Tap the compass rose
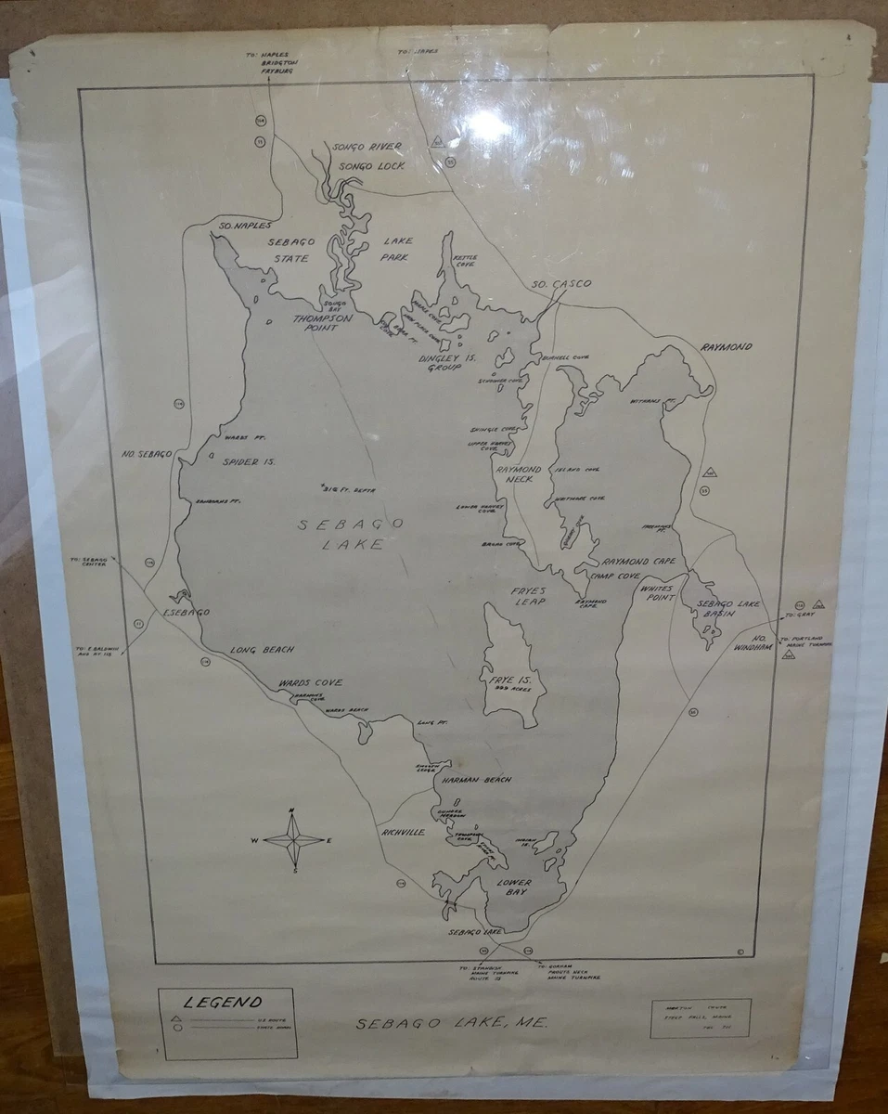point(293,841)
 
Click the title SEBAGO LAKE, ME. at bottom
point(452,1023)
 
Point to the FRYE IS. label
point(509,685)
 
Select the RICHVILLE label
point(403,833)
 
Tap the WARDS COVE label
point(311,683)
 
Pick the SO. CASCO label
point(561,284)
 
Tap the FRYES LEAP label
point(527,596)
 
